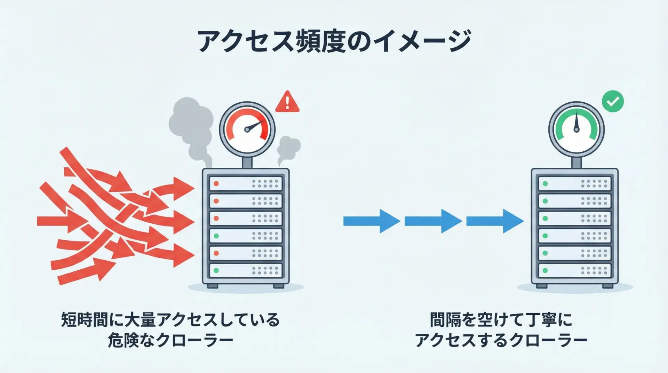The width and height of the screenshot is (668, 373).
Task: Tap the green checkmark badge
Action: coord(613,101)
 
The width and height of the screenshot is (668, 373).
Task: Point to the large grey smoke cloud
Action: coord(191,122)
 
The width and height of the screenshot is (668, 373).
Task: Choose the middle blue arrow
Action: coord(433,221)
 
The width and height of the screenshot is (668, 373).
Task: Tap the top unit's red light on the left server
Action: coord(216,184)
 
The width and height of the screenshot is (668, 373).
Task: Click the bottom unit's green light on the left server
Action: coord(216,270)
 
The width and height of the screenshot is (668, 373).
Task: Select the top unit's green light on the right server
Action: coord(545,184)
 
